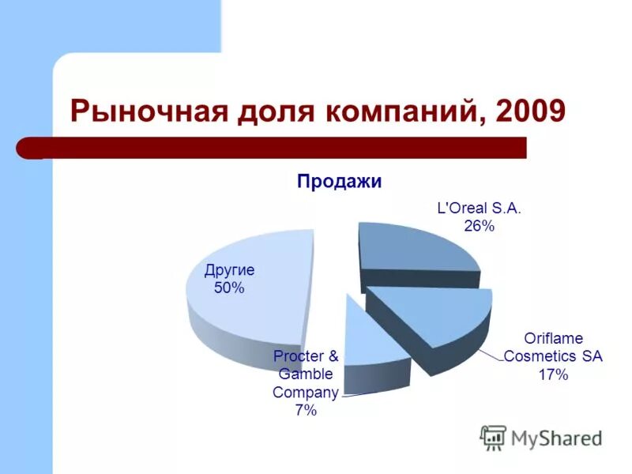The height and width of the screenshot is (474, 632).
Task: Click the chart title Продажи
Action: [339, 182]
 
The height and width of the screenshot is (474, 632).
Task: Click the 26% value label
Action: [479, 227]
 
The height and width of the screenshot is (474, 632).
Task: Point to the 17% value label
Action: [553, 374]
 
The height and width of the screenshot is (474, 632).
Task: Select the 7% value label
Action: [305, 410]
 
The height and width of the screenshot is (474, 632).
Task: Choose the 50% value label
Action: [229, 288]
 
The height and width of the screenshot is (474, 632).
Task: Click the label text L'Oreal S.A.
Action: [480, 209]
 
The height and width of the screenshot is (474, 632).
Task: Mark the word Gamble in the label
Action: [305, 374]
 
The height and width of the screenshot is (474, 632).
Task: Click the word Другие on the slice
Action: [229, 271]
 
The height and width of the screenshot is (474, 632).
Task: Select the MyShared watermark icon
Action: [493, 437]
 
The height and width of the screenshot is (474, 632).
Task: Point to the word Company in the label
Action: [305, 393]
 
